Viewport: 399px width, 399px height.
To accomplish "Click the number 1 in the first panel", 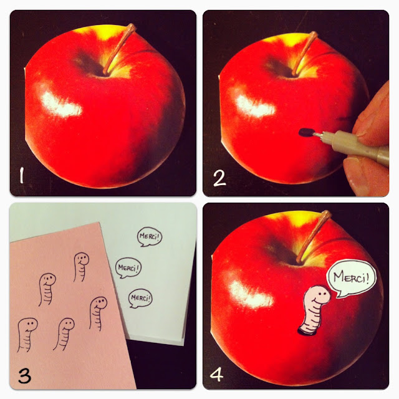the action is (x=22, y=175).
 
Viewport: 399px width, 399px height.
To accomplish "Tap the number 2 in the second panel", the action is (x=219, y=178).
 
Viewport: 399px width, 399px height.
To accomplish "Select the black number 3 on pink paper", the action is (x=25, y=376).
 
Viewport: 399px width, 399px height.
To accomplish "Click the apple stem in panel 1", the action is (x=119, y=49).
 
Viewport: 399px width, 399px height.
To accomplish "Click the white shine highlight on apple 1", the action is (x=60, y=104).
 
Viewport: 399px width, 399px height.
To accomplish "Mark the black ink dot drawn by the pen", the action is (x=305, y=132).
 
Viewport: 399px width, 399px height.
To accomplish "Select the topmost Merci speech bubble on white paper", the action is (x=150, y=237).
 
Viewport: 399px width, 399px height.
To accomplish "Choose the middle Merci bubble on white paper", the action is (x=128, y=267).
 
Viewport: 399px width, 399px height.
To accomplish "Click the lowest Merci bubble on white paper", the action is (x=140, y=298).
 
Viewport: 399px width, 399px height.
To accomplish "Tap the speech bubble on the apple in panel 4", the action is (x=351, y=278).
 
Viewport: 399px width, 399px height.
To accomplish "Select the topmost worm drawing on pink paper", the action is (x=81, y=267).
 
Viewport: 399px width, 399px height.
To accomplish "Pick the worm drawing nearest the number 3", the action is (x=26, y=334).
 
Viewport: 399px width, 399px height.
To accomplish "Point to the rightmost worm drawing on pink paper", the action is (x=97, y=313).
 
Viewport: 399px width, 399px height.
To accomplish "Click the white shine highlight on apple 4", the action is (x=251, y=295).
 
